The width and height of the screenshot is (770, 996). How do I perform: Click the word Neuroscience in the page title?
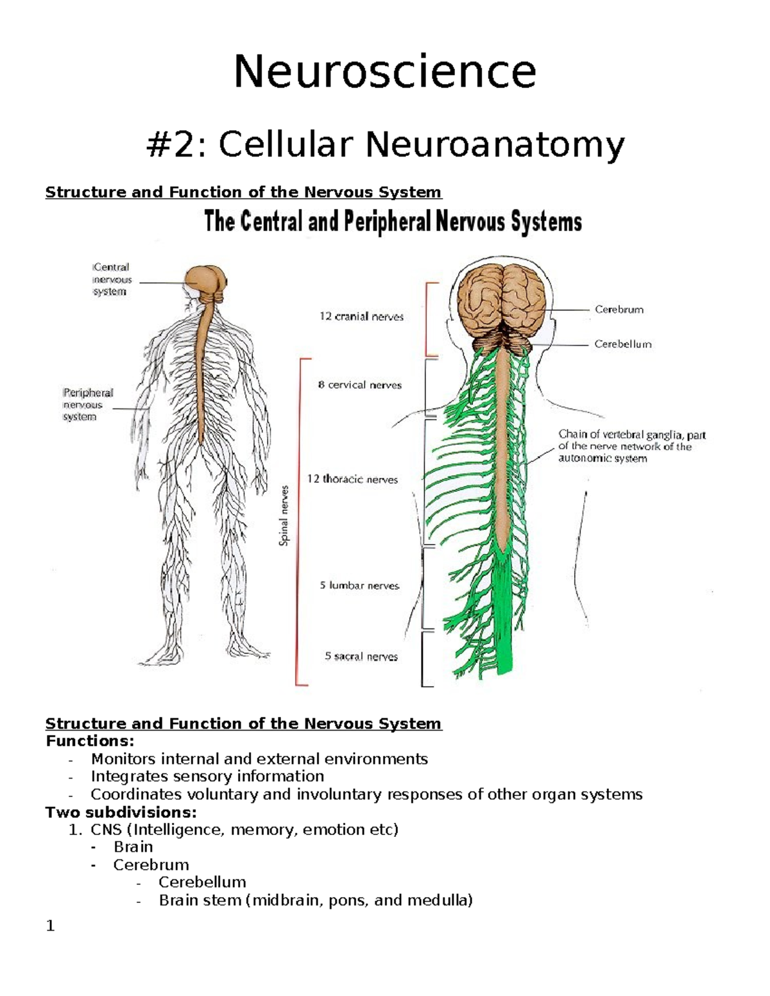click(384, 72)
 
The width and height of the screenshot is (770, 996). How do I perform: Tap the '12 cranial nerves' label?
click(361, 316)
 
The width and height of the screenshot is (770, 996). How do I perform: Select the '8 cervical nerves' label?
click(359, 385)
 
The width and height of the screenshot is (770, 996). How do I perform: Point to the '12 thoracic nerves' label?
click(352, 479)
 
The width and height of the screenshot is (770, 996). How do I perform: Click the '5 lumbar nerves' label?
click(359, 586)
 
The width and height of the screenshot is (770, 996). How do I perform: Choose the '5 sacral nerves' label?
click(361, 656)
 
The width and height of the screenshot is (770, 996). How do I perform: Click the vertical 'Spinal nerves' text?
click(284, 516)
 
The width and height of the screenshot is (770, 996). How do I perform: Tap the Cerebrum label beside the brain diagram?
click(619, 310)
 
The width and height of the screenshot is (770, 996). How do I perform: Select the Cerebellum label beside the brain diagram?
click(622, 344)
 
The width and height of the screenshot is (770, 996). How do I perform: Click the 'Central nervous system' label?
click(111, 280)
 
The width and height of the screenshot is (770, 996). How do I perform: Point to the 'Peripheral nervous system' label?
click(87, 405)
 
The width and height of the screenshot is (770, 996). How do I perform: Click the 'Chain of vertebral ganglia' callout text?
click(631, 446)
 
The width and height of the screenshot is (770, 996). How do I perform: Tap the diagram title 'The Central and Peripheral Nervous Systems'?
click(393, 223)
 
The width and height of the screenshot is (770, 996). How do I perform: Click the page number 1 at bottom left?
click(51, 926)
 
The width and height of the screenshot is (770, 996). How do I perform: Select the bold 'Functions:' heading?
click(90, 741)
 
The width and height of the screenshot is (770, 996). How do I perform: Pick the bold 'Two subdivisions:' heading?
click(121, 812)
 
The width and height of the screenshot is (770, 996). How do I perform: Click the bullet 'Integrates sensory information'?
click(207, 777)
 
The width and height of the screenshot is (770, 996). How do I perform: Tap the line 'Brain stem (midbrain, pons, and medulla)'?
click(315, 900)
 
